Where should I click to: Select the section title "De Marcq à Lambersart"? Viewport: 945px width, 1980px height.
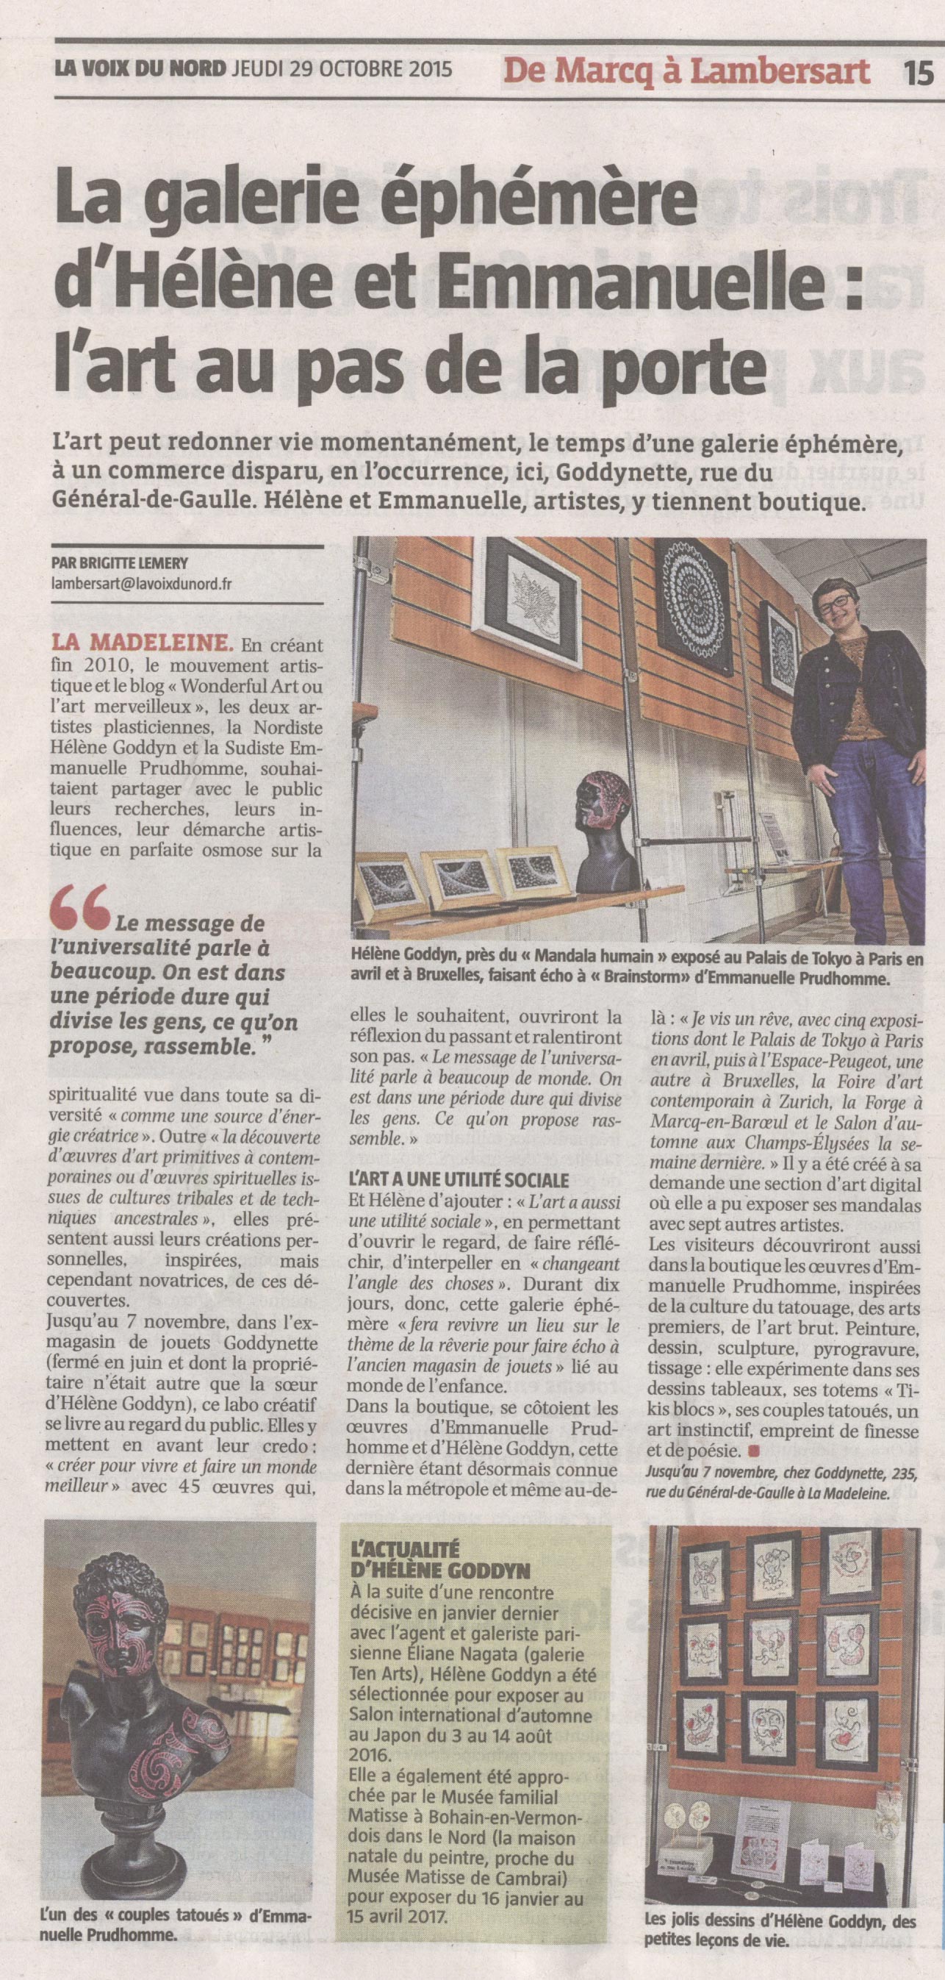click(x=688, y=72)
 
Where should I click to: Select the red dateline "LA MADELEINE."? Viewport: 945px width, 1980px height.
click(x=142, y=641)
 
